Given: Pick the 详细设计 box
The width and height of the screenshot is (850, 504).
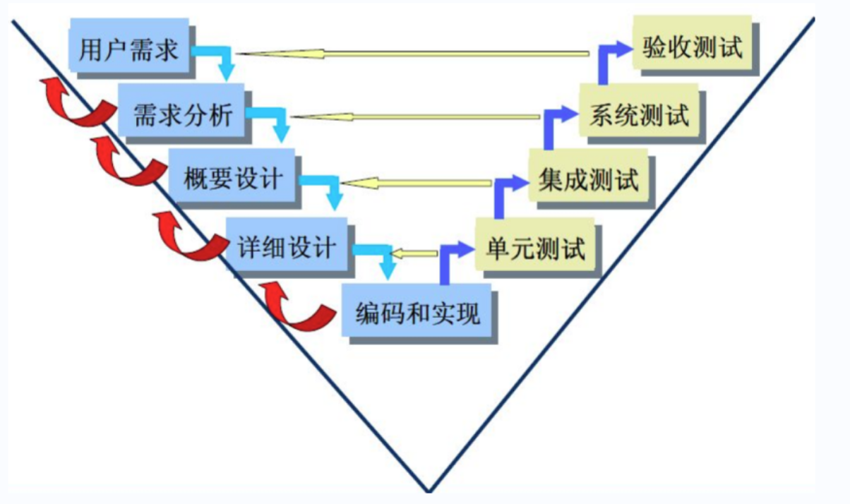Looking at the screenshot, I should (287, 246).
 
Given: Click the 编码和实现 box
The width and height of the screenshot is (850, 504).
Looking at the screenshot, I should (417, 311).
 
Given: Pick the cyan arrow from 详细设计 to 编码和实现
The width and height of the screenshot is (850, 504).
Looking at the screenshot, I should (382, 257).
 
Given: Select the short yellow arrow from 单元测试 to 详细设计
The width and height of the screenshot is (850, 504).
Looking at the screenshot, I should (414, 253).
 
